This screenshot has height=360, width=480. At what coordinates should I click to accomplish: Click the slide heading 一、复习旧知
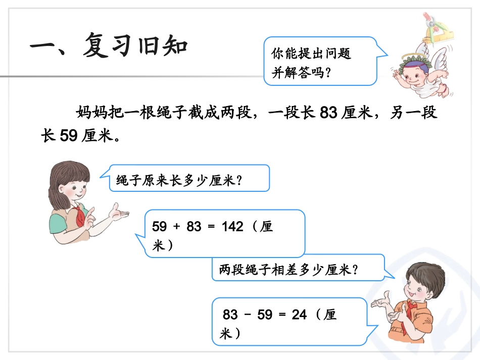click(x=109, y=46)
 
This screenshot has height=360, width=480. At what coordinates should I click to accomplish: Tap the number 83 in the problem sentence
click(x=328, y=113)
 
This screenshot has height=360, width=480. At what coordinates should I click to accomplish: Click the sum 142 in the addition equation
click(x=232, y=227)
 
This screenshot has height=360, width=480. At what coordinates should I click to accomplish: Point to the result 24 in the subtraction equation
click(x=299, y=315)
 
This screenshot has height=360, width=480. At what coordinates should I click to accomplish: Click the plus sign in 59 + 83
click(x=176, y=227)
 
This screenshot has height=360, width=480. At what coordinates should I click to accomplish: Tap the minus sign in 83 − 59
click(x=248, y=315)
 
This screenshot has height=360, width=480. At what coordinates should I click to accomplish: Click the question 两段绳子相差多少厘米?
click(x=289, y=270)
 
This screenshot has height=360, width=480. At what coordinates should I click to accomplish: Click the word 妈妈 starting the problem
click(x=91, y=113)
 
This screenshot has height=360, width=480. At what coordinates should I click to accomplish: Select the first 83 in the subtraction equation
click(x=230, y=315)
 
